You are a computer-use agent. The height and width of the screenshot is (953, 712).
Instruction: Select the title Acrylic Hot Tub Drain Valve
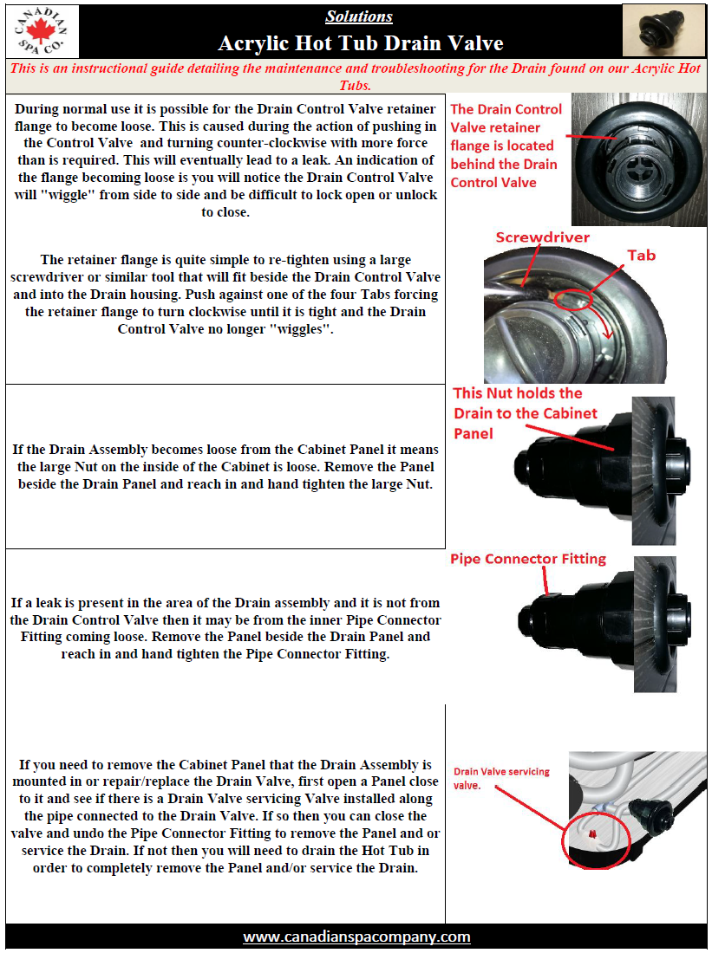click(360, 43)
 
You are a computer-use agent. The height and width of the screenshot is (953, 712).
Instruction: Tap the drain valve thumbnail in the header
click(663, 30)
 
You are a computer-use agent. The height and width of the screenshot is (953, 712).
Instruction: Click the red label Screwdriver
click(542, 237)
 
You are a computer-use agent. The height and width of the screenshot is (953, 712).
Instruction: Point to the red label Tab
click(641, 256)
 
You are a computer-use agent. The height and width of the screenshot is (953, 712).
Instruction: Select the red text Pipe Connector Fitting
click(527, 559)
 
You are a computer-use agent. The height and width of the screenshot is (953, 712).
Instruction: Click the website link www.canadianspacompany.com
click(356, 937)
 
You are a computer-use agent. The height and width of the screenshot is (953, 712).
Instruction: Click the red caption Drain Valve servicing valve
click(501, 778)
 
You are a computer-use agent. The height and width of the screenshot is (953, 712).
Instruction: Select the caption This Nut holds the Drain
click(526, 412)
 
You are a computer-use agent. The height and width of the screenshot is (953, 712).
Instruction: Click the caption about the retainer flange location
click(506, 146)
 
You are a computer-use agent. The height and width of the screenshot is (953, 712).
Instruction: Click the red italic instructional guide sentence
click(356, 76)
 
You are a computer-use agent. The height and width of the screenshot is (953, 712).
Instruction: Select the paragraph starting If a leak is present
click(225, 628)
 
